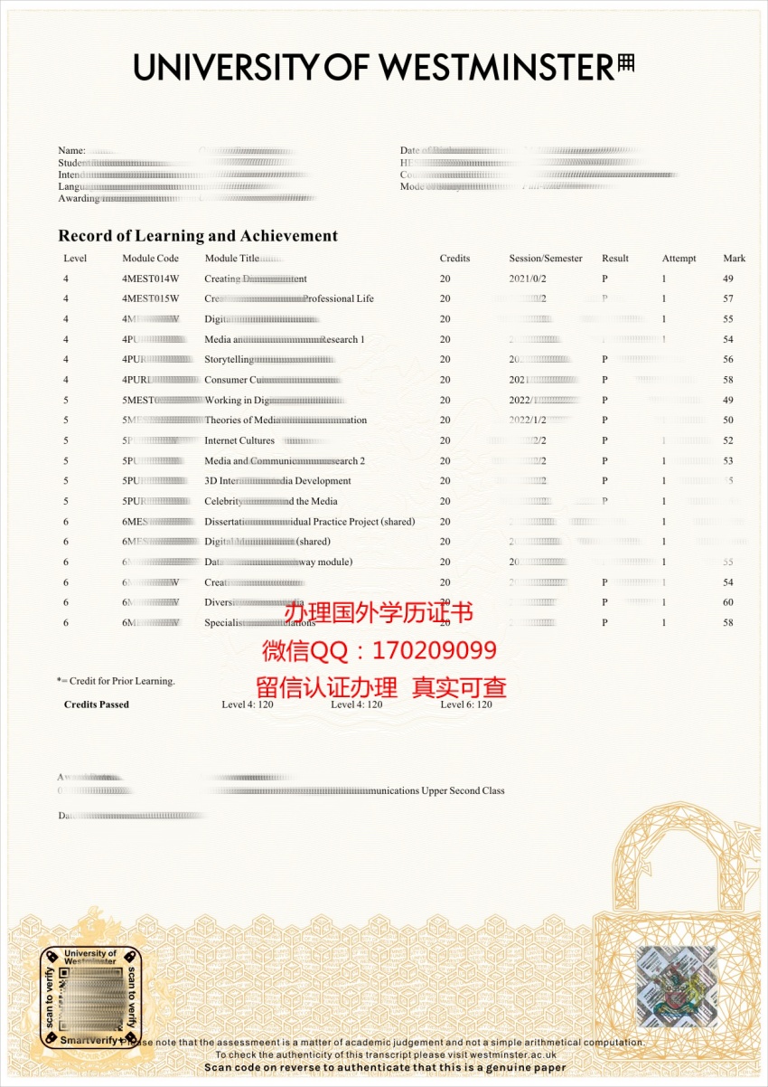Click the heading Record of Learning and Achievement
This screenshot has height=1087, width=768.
(198, 236)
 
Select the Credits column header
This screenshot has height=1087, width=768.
(454, 259)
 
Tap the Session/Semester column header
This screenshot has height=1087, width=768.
(546, 259)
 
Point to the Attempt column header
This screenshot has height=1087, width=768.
(679, 259)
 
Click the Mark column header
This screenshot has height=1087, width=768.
(734, 259)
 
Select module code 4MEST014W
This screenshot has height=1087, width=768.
(151, 279)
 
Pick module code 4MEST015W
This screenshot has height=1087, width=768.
(151, 298)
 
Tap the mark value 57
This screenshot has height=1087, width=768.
(728, 298)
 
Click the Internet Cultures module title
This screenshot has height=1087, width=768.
(239, 441)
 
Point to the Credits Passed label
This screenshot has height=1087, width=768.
(97, 704)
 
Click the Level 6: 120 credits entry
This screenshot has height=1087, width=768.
(466, 704)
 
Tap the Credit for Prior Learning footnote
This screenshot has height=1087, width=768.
(117, 681)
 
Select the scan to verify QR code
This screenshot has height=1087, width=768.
(91, 997)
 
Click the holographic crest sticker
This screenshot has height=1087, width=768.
(677, 987)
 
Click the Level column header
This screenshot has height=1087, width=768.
(75, 259)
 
